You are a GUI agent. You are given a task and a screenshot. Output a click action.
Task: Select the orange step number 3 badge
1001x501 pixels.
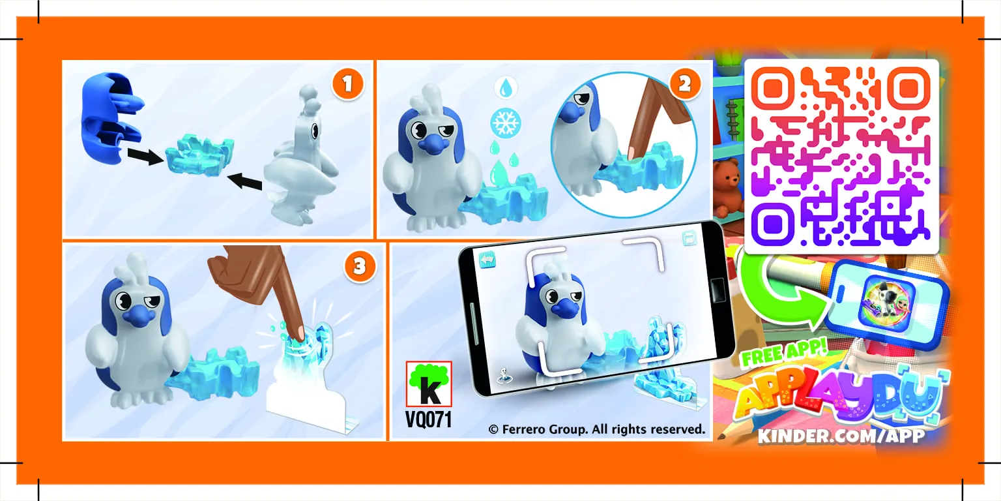pos(358,267)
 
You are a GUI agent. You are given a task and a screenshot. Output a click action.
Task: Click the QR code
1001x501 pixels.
pos(841,156)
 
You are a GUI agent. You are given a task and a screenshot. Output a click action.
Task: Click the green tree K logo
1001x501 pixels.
pos(428,385)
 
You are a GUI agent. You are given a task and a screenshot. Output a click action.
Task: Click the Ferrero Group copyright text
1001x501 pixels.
pos(596,429)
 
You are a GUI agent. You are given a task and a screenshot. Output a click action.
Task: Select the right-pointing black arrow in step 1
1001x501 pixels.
pos(145,156)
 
